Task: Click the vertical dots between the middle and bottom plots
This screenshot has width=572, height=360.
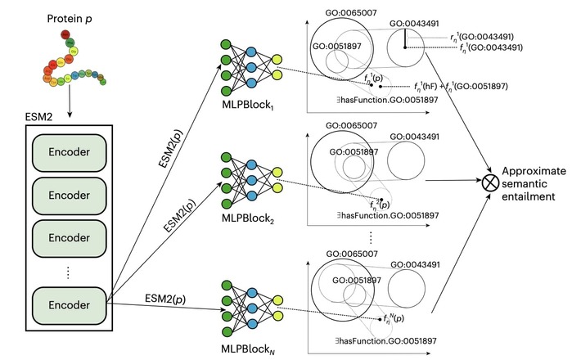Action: [x=373, y=237]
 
